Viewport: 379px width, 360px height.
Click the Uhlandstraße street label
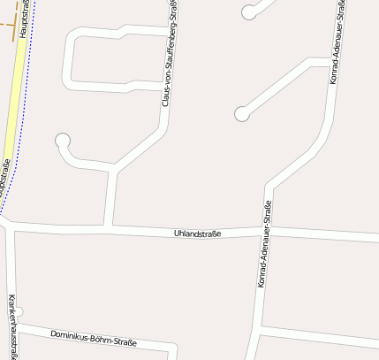(197, 234)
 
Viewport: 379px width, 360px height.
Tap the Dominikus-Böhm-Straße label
(94, 337)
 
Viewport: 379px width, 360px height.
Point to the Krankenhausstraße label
(11, 326)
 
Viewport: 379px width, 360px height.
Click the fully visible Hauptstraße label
(24, 19)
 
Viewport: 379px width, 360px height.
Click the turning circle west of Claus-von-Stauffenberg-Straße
(63, 140)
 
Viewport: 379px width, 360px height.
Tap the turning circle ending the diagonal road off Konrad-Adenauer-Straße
(241, 113)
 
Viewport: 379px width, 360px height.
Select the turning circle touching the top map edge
(250, 11)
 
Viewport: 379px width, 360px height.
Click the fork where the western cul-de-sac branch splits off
(114, 168)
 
